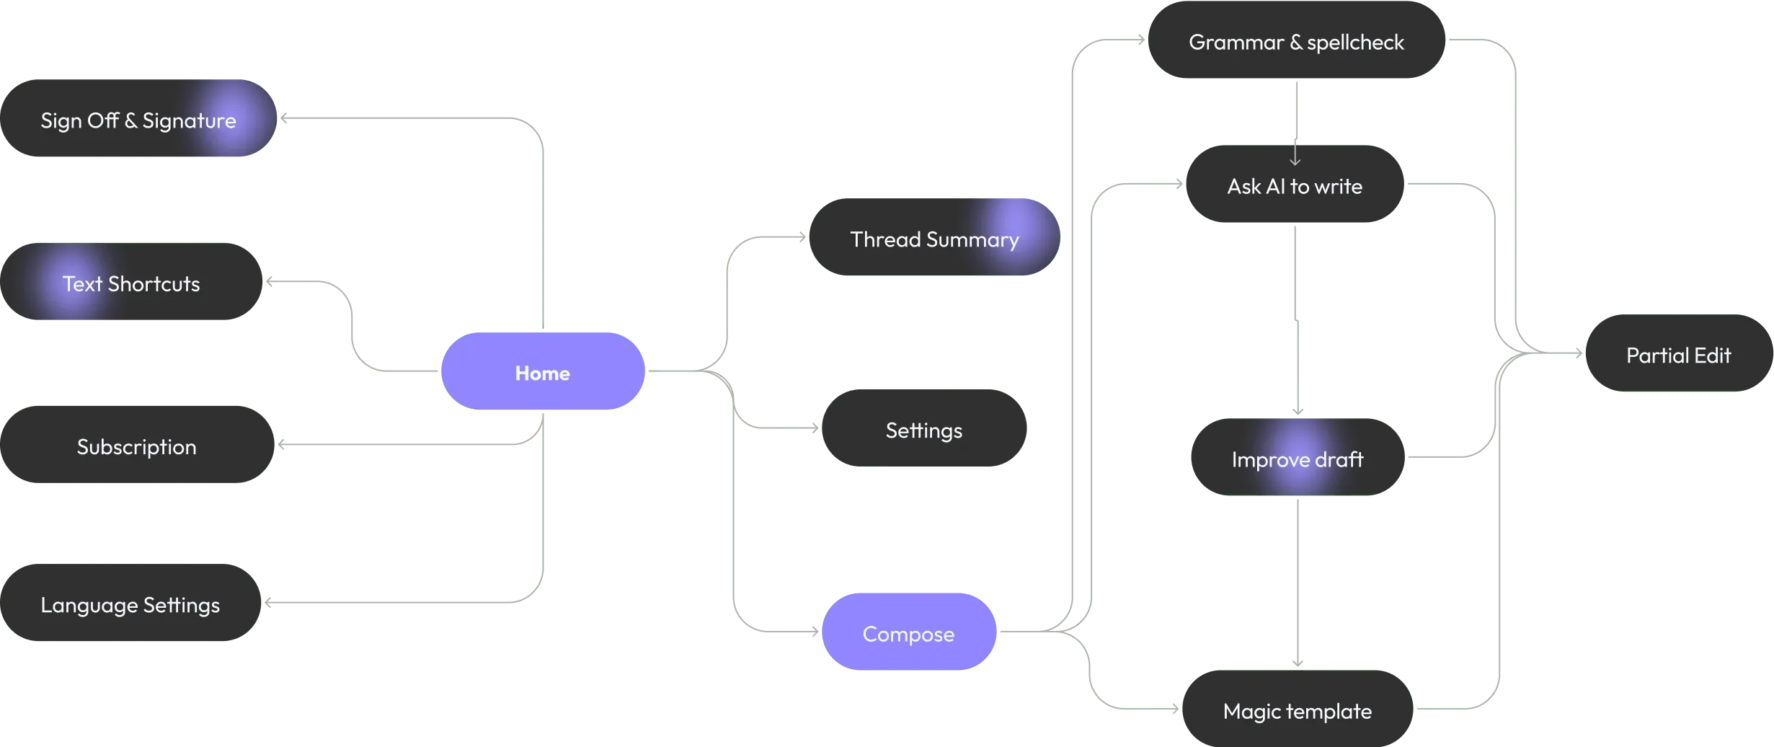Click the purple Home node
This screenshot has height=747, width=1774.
(542, 372)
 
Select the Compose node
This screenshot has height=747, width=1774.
(908, 633)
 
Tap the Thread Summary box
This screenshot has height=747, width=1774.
(933, 238)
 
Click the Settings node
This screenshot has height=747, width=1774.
(923, 429)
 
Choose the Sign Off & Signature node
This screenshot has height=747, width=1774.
(138, 119)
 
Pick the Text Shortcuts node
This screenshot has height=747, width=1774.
(131, 283)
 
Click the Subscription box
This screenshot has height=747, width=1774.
(136, 446)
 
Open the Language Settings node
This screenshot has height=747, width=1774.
(130, 604)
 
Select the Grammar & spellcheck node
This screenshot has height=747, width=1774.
(1296, 41)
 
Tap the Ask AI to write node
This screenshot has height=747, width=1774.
(1295, 185)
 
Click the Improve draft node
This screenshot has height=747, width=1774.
(1297, 459)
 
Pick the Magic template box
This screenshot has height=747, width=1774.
(1297, 710)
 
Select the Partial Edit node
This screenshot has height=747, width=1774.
(1678, 354)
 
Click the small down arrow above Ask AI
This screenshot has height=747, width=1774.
(1295, 155)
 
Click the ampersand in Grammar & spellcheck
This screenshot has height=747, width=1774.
(1295, 42)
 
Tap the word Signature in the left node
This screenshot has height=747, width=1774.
(189, 120)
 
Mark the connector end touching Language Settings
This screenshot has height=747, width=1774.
(268, 603)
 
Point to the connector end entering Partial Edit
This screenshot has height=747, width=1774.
(1579, 353)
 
